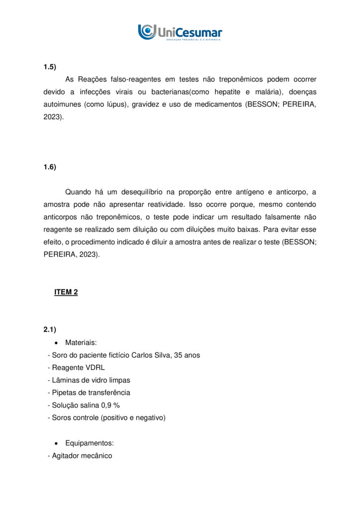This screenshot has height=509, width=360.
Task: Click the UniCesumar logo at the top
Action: click(x=180, y=32)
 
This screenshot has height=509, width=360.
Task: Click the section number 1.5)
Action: click(x=50, y=67)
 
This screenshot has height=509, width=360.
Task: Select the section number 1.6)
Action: click(x=50, y=167)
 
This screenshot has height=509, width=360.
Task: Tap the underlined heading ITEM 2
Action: click(x=66, y=292)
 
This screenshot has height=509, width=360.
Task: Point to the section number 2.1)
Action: click(x=50, y=330)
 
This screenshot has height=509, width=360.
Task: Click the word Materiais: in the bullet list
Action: click(x=81, y=342)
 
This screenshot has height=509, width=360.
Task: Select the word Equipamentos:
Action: click(x=89, y=443)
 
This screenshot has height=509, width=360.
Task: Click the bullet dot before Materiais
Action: click(x=57, y=343)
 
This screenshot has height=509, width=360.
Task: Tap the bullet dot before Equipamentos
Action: click(x=57, y=443)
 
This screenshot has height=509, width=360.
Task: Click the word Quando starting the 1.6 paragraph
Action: click(x=78, y=192)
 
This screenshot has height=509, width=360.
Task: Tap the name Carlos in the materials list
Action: click(x=143, y=355)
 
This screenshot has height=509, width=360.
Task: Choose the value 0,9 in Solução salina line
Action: click(x=106, y=405)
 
